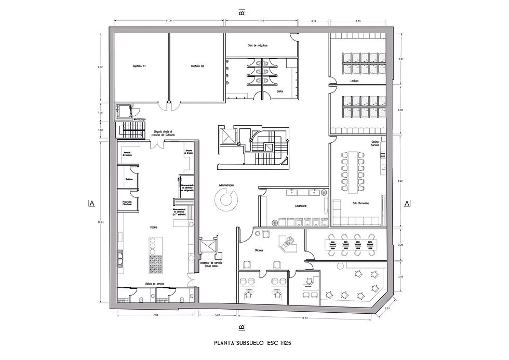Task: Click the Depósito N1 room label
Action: tap(139, 66)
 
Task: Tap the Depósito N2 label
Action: tap(197, 66)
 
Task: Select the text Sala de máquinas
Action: tap(258, 45)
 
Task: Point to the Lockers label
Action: tap(355, 82)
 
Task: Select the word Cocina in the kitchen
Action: tap(154, 227)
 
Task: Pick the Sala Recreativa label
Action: tap(360, 203)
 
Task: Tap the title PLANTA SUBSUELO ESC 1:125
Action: tap(254, 343)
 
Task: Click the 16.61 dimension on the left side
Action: tap(101, 222)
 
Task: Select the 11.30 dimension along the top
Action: tap(169, 21)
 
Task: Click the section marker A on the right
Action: tap(407, 203)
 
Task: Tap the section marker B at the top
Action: tap(242, 12)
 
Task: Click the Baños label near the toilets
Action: tap(272, 90)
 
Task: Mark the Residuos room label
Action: tap(129, 179)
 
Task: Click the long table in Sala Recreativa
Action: tap(355, 170)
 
